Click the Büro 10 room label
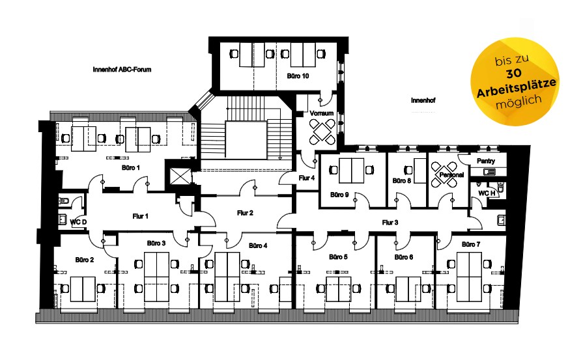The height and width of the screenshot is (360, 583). [x=298, y=76]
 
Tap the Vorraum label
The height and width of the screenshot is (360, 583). [x=322, y=113]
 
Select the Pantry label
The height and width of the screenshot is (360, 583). [x=485, y=161]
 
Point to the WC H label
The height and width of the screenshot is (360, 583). [x=487, y=193]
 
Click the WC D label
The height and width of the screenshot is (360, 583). [x=78, y=222]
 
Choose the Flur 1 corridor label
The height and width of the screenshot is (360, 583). [x=140, y=216]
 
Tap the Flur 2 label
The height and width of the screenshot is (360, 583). [x=245, y=213]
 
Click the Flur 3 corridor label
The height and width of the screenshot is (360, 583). [x=390, y=223]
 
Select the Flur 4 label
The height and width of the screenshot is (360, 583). [x=306, y=178]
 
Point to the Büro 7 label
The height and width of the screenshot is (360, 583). [x=471, y=245]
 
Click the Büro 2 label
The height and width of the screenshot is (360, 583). [x=85, y=260]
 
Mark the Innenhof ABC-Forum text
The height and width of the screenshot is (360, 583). [x=122, y=70]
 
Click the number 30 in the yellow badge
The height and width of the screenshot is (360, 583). [x=513, y=74]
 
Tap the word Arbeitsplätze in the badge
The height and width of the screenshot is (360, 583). [x=517, y=88]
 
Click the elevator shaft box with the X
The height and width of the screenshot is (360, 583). [x=180, y=176]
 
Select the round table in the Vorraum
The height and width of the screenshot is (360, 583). [x=322, y=130]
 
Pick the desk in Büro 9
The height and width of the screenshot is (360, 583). [x=352, y=171]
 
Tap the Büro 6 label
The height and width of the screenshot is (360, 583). [x=404, y=257]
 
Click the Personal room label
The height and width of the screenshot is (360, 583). [x=451, y=175]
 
